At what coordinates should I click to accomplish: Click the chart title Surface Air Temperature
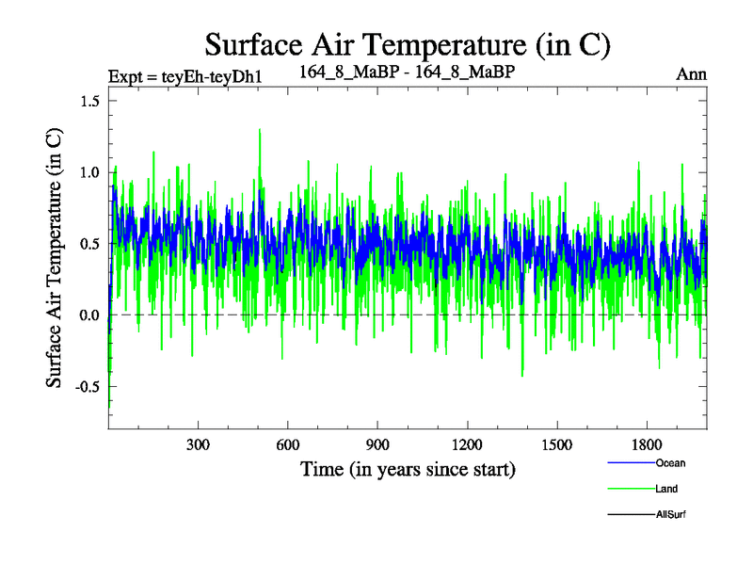click(x=409, y=43)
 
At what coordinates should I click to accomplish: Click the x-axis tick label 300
click(x=199, y=444)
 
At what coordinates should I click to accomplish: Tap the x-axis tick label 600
click(x=288, y=444)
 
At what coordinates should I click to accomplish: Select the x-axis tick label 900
click(x=377, y=444)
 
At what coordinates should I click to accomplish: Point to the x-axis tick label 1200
click(x=467, y=444)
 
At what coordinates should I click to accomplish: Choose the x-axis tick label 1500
click(x=556, y=444)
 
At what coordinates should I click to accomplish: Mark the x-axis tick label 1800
click(x=646, y=444)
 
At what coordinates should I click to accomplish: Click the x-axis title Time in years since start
click(x=408, y=468)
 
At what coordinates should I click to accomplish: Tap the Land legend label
click(x=666, y=489)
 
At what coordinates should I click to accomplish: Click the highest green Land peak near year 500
click(x=259, y=130)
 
